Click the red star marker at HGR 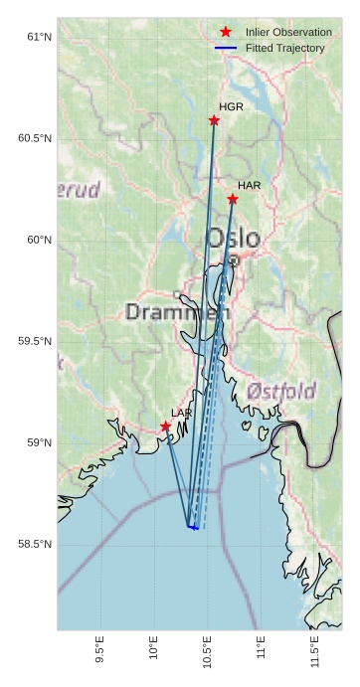tap(214, 120)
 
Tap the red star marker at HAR tap(233, 199)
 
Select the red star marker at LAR tap(165, 427)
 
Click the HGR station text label tap(231, 106)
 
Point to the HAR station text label tap(249, 185)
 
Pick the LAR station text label tap(181, 413)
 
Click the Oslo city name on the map tap(233, 239)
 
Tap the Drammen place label tap(177, 312)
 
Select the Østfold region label tap(281, 389)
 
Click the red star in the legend tap(226, 32)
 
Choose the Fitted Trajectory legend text tap(284, 48)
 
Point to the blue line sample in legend tap(226, 48)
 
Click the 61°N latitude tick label tap(38, 37)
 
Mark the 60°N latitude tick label tap(38, 240)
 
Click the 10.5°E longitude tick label tap(207, 651)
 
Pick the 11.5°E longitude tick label tap(314, 651)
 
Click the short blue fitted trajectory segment tap(193, 527)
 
